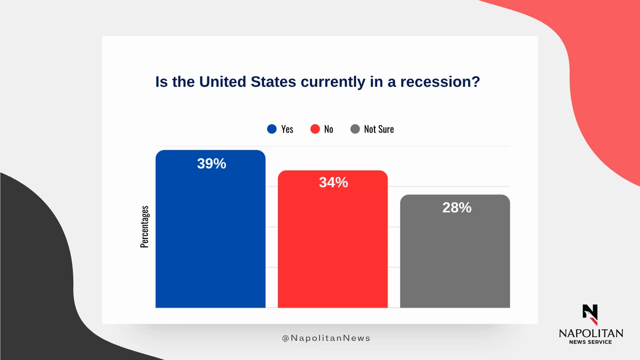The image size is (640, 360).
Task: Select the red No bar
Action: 333,245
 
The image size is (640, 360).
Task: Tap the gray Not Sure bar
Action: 455,256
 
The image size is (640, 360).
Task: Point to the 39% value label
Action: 212,164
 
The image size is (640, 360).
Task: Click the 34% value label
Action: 333,182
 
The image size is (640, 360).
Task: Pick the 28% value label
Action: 457,207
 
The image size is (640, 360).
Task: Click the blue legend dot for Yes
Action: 272,129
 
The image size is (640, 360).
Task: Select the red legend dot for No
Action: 315,129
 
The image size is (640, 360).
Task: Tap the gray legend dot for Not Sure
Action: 355,129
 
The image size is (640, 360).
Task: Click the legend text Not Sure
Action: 379,129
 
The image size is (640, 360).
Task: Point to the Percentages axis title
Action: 144,227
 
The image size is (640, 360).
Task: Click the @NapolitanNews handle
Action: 326,338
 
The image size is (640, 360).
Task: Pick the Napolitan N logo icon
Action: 590,314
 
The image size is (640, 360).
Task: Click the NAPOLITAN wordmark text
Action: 590,333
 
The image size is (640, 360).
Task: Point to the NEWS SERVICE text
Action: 590,342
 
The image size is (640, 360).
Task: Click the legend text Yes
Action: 287,129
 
